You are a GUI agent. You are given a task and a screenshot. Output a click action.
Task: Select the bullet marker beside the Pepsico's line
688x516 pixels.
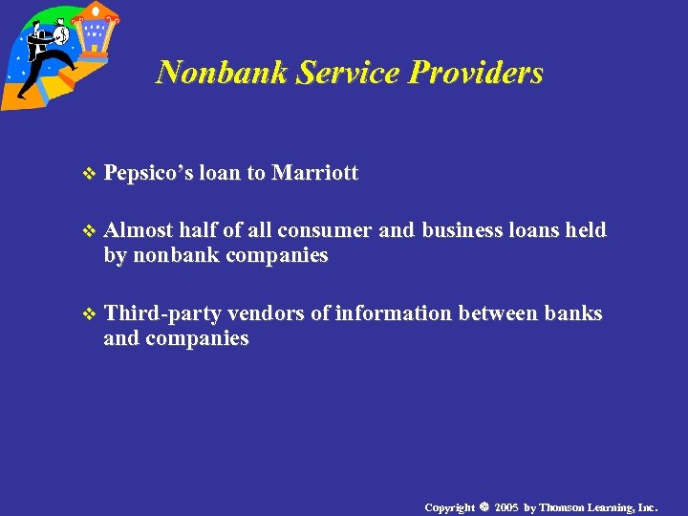90,174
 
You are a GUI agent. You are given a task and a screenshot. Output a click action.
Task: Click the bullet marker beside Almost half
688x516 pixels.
90,231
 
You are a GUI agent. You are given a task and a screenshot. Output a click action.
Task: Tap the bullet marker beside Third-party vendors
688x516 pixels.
90,314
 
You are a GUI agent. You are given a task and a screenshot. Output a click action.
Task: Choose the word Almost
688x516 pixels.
139,230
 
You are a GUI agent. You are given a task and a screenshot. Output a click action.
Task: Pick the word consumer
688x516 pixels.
326,230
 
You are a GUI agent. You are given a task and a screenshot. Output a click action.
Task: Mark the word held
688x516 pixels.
586,230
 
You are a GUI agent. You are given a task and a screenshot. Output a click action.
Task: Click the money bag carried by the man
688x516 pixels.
58,36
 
